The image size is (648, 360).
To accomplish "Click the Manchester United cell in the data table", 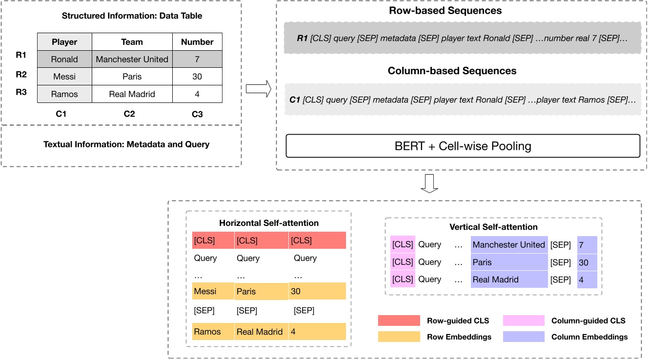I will [132, 60].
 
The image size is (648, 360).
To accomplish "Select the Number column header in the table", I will [197, 42].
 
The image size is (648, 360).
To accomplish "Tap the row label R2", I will [21, 74].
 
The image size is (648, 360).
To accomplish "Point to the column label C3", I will [197, 114].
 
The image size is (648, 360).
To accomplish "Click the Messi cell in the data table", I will [64, 77].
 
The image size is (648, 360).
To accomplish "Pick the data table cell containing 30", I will [197, 77].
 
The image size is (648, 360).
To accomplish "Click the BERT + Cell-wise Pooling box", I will [462, 146].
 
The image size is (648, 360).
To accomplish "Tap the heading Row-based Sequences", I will [451, 11].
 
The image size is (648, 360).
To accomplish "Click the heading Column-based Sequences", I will [452, 71].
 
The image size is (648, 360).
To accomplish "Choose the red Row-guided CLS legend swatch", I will [399, 320].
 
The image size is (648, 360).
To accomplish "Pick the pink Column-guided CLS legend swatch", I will [524, 320].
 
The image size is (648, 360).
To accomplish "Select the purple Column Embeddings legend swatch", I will [524, 337].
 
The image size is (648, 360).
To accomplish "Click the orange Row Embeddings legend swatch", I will [399, 337].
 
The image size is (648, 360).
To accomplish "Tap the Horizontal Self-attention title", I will [269, 223].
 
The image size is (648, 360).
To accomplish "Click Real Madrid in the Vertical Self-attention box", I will [496, 280].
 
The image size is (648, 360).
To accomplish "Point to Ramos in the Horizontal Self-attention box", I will [207, 332].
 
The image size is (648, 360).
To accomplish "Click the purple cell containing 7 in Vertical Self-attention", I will [587, 245].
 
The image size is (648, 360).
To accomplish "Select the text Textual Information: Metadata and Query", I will [126, 144].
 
